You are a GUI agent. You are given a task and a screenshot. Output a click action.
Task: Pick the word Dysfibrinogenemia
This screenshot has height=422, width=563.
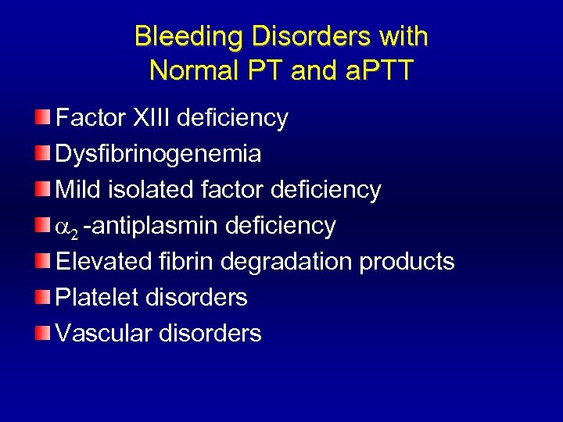(x=158, y=154)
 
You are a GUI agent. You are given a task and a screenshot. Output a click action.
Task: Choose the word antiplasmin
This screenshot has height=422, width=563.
(x=155, y=226)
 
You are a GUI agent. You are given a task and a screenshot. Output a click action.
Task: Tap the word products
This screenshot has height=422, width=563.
(x=407, y=262)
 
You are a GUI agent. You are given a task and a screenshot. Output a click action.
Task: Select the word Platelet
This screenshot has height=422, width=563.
(x=95, y=297)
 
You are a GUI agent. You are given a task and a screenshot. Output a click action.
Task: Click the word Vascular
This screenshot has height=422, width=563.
(x=104, y=334)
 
